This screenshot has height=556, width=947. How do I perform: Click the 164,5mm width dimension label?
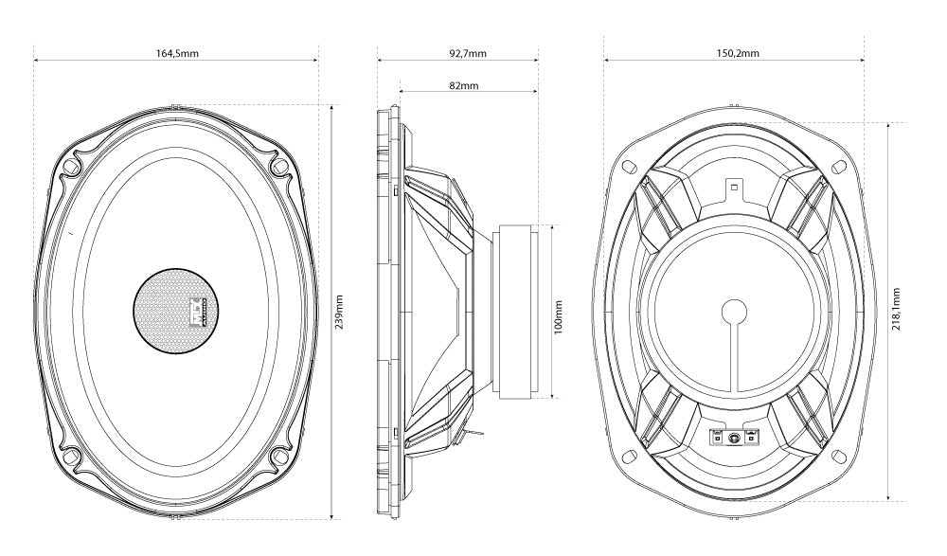(177, 53)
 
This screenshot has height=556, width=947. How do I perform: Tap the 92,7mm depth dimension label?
(467, 53)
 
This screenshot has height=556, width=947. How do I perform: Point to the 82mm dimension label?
(463, 85)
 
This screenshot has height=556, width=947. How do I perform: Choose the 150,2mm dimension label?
(737, 53)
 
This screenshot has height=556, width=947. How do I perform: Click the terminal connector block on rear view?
(734, 437)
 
